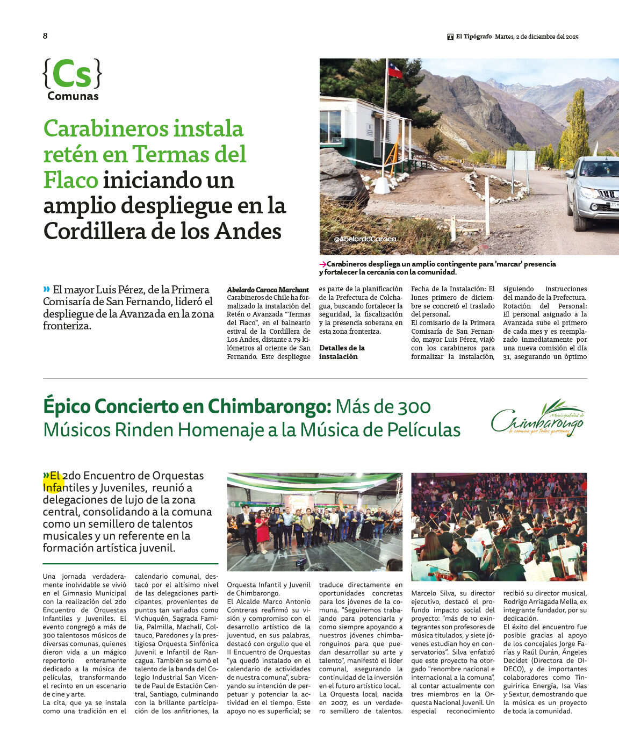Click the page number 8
tap(45, 36)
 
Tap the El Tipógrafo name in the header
tap(473, 37)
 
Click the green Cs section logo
tap(72, 74)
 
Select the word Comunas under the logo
tap(73, 96)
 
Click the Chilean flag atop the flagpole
tap(395, 70)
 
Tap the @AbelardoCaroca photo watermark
tap(365, 239)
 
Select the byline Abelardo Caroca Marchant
tap(268, 290)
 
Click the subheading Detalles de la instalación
tap(342, 352)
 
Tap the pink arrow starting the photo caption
tap(323, 264)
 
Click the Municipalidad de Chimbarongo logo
tap(538, 418)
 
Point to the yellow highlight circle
tap(53, 482)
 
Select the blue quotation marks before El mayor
tap(47, 289)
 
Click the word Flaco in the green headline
tap(70, 180)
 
